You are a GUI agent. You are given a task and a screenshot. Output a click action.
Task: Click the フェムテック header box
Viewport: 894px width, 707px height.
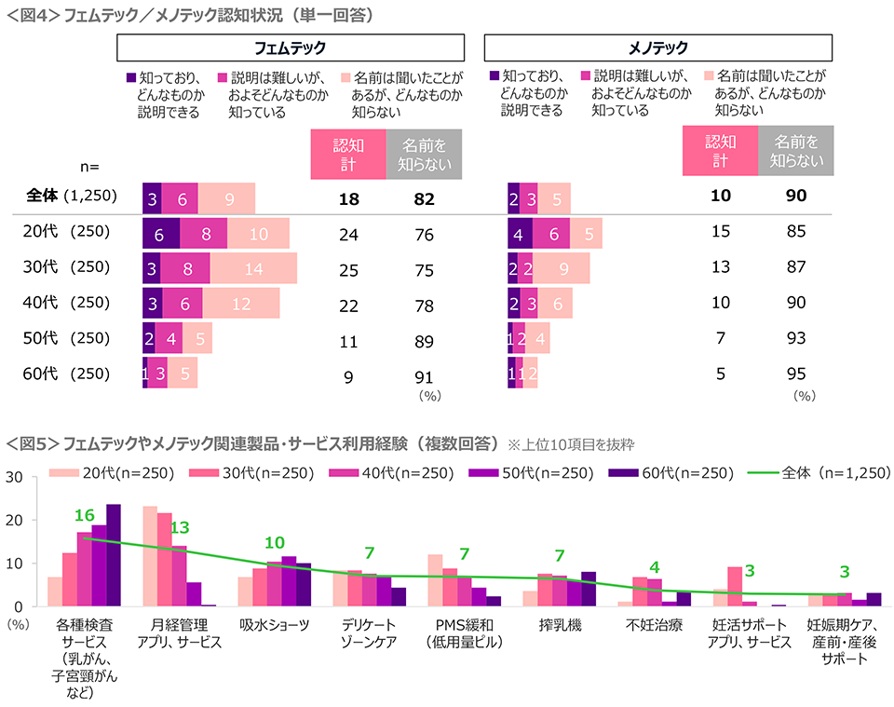(x=290, y=48)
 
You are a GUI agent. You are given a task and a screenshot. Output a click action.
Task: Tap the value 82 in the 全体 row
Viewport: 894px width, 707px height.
(x=425, y=199)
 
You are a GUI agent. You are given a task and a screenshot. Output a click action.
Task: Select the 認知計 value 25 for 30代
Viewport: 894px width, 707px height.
(x=348, y=268)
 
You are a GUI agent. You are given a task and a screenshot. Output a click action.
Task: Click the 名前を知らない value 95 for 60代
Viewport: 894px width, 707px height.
(x=795, y=374)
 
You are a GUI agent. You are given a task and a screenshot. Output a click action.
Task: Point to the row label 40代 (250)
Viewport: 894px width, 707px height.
(x=66, y=303)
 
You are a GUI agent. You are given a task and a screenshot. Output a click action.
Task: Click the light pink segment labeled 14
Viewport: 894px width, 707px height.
(x=253, y=268)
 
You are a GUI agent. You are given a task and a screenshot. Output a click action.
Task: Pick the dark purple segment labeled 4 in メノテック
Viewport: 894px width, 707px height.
(x=520, y=234)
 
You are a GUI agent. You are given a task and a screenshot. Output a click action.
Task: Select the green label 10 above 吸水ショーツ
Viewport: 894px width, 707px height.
(x=274, y=543)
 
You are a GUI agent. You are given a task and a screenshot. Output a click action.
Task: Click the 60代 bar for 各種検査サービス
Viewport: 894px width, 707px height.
(x=114, y=555)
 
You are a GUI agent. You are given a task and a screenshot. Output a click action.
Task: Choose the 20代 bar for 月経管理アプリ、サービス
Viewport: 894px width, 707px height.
(x=149, y=556)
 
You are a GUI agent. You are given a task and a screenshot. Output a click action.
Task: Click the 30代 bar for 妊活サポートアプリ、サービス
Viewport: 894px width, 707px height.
(x=735, y=586)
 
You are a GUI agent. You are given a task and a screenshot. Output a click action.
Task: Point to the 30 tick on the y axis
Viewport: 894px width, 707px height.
(x=15, y=477)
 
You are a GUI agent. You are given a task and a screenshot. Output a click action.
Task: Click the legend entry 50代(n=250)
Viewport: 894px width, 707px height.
(x=541, y=472)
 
